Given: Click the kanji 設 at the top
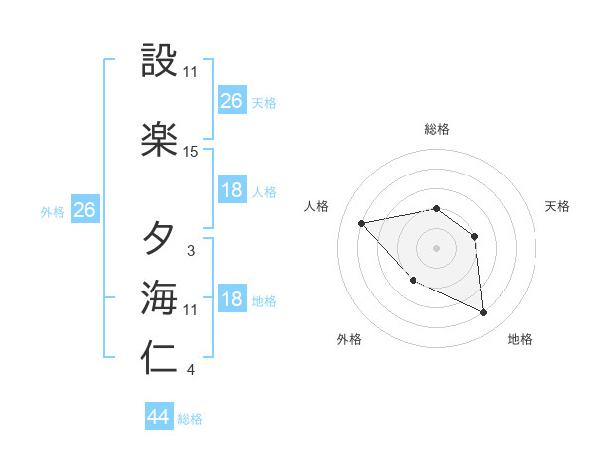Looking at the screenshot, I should click(x=160, y=61).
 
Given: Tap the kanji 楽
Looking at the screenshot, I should click(x=160, y=139).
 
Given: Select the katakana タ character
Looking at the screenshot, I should click(x=160, y=238).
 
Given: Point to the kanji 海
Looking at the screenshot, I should click(x=160, y=297).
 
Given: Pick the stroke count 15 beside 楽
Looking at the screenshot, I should click(x=191, y=152).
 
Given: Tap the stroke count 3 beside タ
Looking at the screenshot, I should click(x=191, y=251).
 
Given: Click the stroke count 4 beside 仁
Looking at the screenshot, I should click(x=191, y=371).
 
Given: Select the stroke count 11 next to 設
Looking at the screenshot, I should click(x=191, y=72).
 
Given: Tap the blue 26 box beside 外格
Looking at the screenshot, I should click(x=85, y=210).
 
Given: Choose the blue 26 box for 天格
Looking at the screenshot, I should click(x=232, y=100).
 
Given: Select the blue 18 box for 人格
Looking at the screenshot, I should click(x=232, y=190).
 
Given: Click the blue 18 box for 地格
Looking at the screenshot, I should click(x=232, y=299).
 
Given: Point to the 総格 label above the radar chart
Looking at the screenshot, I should click(x=436, y=129).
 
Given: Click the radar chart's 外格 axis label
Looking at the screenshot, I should click(x=349, y=339).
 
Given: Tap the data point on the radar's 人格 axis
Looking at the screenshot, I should click(x=362, y=223).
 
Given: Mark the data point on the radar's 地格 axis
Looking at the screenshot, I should click(x=484, y=313).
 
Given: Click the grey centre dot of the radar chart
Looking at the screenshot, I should click(x=436, y=248).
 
